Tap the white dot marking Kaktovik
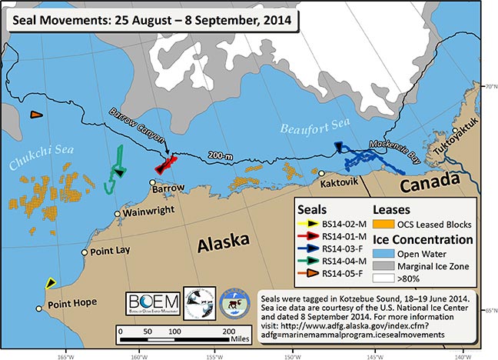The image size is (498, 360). coord(321,174)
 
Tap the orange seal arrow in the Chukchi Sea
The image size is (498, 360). coord(35,115)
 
